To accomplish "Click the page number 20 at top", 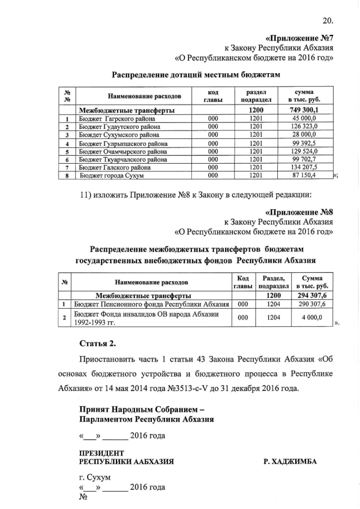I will click(x=328, y=22).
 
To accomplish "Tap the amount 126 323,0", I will click(x=304, y=127).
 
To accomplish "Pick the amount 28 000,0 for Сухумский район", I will click(x=304, y=135).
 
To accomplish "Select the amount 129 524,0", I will click(x=304, y=151).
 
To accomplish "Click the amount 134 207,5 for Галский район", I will click(x=304, y=168).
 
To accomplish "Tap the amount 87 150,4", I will click(x=304, y=176).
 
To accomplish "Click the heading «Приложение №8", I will click(x=299, y=213).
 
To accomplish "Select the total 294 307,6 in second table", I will click(x=312, y=295).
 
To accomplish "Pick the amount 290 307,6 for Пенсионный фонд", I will click(x=312, y=304).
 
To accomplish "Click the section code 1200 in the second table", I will click(x=273, y=295).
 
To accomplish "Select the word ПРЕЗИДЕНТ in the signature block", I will click(x=102, y=453).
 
